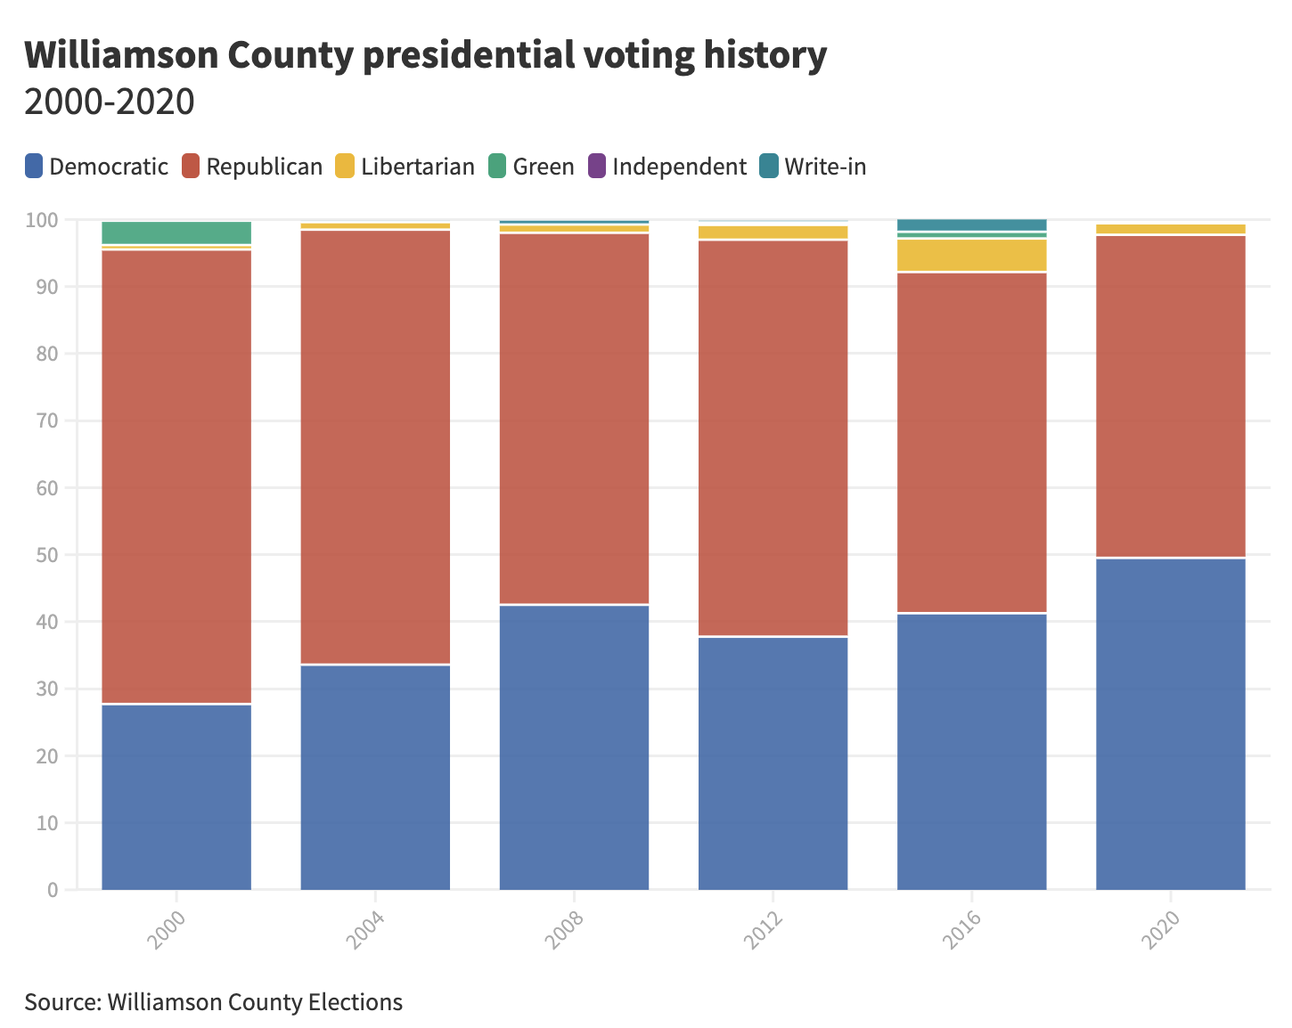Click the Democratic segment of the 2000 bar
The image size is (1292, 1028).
pos(176,796)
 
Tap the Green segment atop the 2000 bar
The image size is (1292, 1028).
pos(176,233)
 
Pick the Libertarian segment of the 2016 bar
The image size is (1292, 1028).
pos(971,256)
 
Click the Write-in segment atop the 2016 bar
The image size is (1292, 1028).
pos(971,224)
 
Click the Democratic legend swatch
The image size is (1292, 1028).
pos(34,167)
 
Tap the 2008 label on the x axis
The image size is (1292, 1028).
pos(566,929)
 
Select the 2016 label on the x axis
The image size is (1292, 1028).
pos(963,929)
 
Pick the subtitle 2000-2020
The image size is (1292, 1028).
pos(109,102)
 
